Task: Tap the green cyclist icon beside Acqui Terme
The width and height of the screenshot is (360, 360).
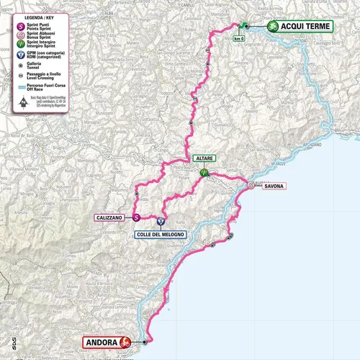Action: pos(274,27)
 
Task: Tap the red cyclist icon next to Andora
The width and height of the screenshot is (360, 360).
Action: pos(125,343)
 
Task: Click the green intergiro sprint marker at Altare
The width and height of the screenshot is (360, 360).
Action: pos(204,173)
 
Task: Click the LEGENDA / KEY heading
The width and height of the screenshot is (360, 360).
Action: pos(33,15)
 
